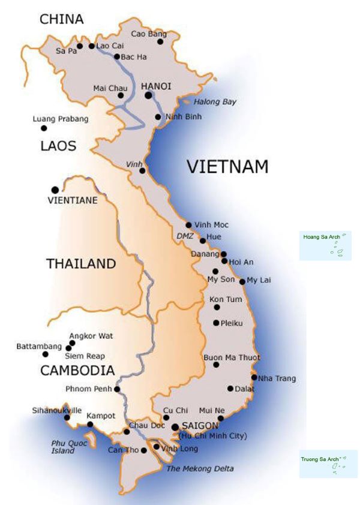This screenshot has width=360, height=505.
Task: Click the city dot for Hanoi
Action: (x=147, y=95)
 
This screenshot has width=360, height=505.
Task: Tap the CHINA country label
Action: (x=61, y=19)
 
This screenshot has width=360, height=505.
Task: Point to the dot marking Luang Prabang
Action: (x=43, y=128)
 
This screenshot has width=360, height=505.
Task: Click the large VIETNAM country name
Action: (x=227, y=166)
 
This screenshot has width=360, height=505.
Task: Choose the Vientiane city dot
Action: (x=55, y=190)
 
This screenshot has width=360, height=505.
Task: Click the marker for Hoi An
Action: (x=224, y=261)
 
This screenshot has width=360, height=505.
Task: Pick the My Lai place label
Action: (x=259, y=280)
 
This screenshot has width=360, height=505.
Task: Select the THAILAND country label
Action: (x=81, y=263)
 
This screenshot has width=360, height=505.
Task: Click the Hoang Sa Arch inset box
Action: (x=325, y=246)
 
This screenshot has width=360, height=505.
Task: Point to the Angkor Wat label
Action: (x=91, y=336)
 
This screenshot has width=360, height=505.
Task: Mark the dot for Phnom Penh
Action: (x=117, y=389)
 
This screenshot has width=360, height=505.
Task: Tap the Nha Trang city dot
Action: (x=254, y=378)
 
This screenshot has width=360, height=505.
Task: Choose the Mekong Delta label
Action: (x=200, y=468)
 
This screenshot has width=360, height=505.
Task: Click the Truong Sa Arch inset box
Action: (x=328, y=464)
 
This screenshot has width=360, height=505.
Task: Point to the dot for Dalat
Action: (x=230, y=389)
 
